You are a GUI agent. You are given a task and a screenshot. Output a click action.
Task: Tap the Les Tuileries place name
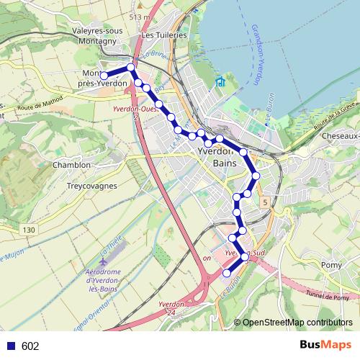(x=164, y=35)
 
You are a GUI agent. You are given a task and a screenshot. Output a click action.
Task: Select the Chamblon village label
(x=71, y=165)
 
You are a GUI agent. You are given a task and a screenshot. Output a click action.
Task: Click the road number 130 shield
(x=28, y=229)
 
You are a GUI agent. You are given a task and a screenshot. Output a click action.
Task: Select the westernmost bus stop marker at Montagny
(x=104, y=76)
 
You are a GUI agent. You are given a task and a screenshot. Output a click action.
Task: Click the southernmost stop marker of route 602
(x=226, y=274)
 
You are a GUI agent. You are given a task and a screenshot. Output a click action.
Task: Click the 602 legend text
(x=30, y=346)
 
